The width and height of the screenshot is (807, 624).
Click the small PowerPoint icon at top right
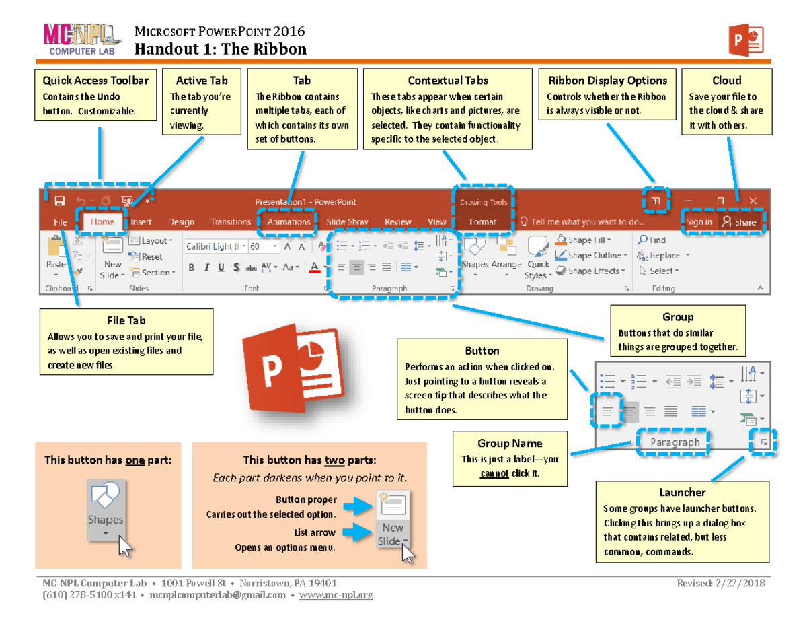[745, 39]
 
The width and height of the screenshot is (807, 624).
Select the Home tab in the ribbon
[103, 222]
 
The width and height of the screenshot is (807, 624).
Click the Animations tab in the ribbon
[289, 222]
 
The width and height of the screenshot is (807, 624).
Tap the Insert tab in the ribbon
[141, 222]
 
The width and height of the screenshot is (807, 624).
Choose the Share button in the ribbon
[739, 222]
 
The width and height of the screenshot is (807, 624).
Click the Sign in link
[699, 222]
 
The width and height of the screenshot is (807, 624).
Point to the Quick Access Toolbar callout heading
[95, 81]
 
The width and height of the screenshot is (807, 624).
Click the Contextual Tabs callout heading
[448, 81]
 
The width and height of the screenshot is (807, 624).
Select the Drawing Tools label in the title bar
[483, 202]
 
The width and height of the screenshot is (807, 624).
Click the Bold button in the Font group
[192, 267]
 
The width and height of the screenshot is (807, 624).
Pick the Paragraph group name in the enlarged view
[675, 442]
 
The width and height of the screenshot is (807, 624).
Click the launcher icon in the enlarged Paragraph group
[763, 442]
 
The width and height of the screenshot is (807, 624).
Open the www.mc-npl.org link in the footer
[336, 595]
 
